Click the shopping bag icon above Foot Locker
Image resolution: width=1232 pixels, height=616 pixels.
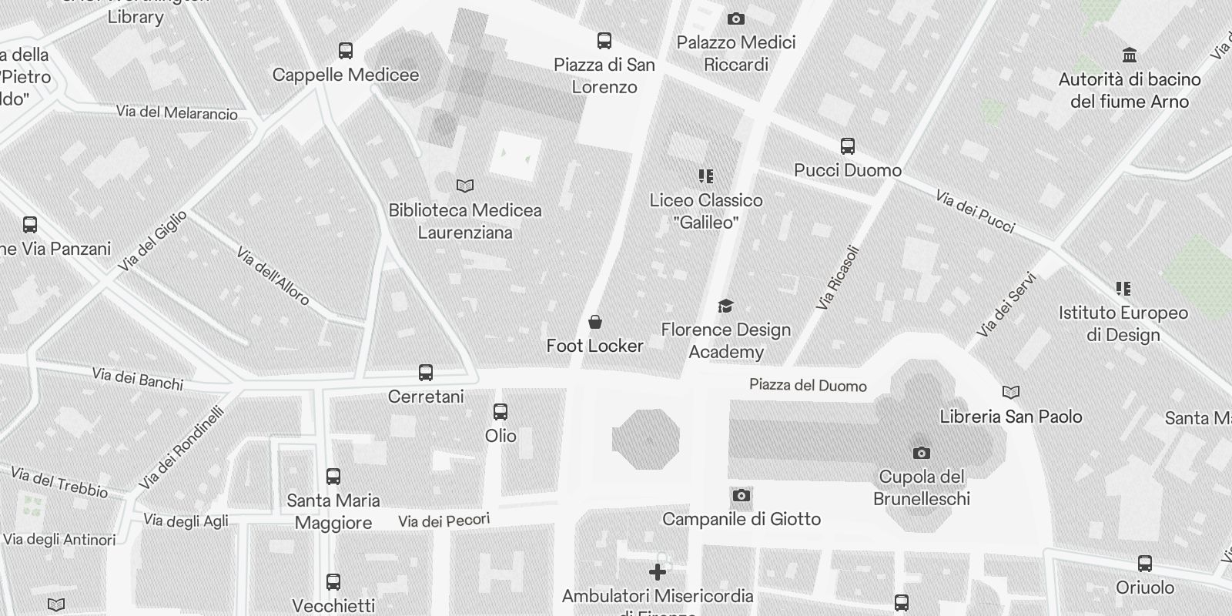(595, 322)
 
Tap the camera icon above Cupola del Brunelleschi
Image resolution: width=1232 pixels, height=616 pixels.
(921, 453)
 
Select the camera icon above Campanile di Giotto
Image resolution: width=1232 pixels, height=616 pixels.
(741, 495)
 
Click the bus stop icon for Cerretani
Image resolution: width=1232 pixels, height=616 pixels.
(425, 373)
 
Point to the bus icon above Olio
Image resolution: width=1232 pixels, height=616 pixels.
(500, 412)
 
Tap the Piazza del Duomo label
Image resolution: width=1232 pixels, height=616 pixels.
(808, 385)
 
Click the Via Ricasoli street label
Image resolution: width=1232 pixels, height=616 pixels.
(837, 278)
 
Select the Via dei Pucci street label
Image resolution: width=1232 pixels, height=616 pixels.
(976, 212)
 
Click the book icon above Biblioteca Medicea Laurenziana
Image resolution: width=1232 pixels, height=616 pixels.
(465, 186)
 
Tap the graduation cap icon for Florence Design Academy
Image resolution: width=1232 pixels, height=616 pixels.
(725, 306)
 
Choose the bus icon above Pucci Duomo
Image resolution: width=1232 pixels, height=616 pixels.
(847, 146)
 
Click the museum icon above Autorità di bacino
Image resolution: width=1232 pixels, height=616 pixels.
(1130, 55)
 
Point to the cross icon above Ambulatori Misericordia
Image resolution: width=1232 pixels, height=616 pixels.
(657, 572)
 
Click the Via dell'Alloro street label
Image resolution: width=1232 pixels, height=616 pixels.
(273, 276)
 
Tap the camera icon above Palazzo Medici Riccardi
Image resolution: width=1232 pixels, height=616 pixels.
(735, 18)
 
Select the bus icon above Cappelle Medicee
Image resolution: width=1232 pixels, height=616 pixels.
(346, 51)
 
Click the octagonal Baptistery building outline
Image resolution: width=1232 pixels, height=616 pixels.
(646, 440)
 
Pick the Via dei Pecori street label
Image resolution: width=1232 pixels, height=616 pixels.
(444, 521)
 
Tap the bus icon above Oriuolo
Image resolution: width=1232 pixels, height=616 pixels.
(1145, 564)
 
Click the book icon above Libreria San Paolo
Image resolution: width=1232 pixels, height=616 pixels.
(1010, 393)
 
